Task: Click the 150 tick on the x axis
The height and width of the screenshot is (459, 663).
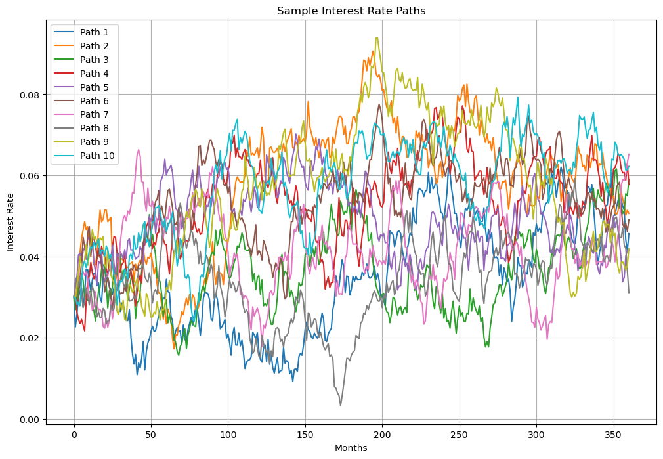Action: tap(305, 435)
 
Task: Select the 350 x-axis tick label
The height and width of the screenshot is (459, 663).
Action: tap(614, 435)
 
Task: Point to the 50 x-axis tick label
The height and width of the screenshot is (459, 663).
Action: tap(151, 435)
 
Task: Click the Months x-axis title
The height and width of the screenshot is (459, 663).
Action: tap(351, 448)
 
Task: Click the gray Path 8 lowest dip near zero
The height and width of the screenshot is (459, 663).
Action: tap(340, 405)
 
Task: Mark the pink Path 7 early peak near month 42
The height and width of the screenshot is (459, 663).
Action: tap(139, 150)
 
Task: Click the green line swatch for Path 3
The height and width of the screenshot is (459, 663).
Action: tap(64, 60)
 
